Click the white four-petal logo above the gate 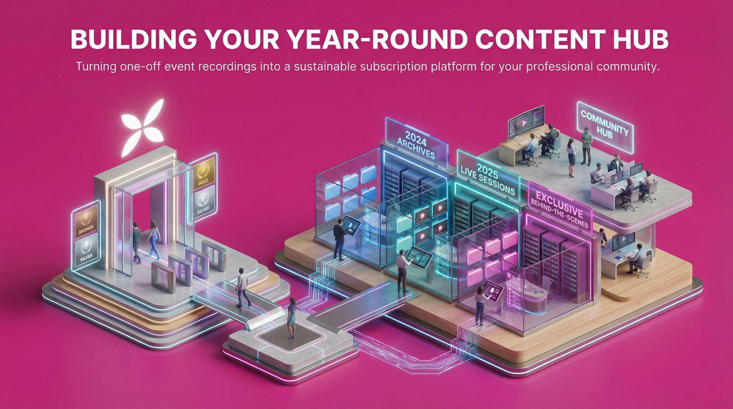click(x=143, y=129)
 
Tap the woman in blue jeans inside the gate click(x=154, y=238)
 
